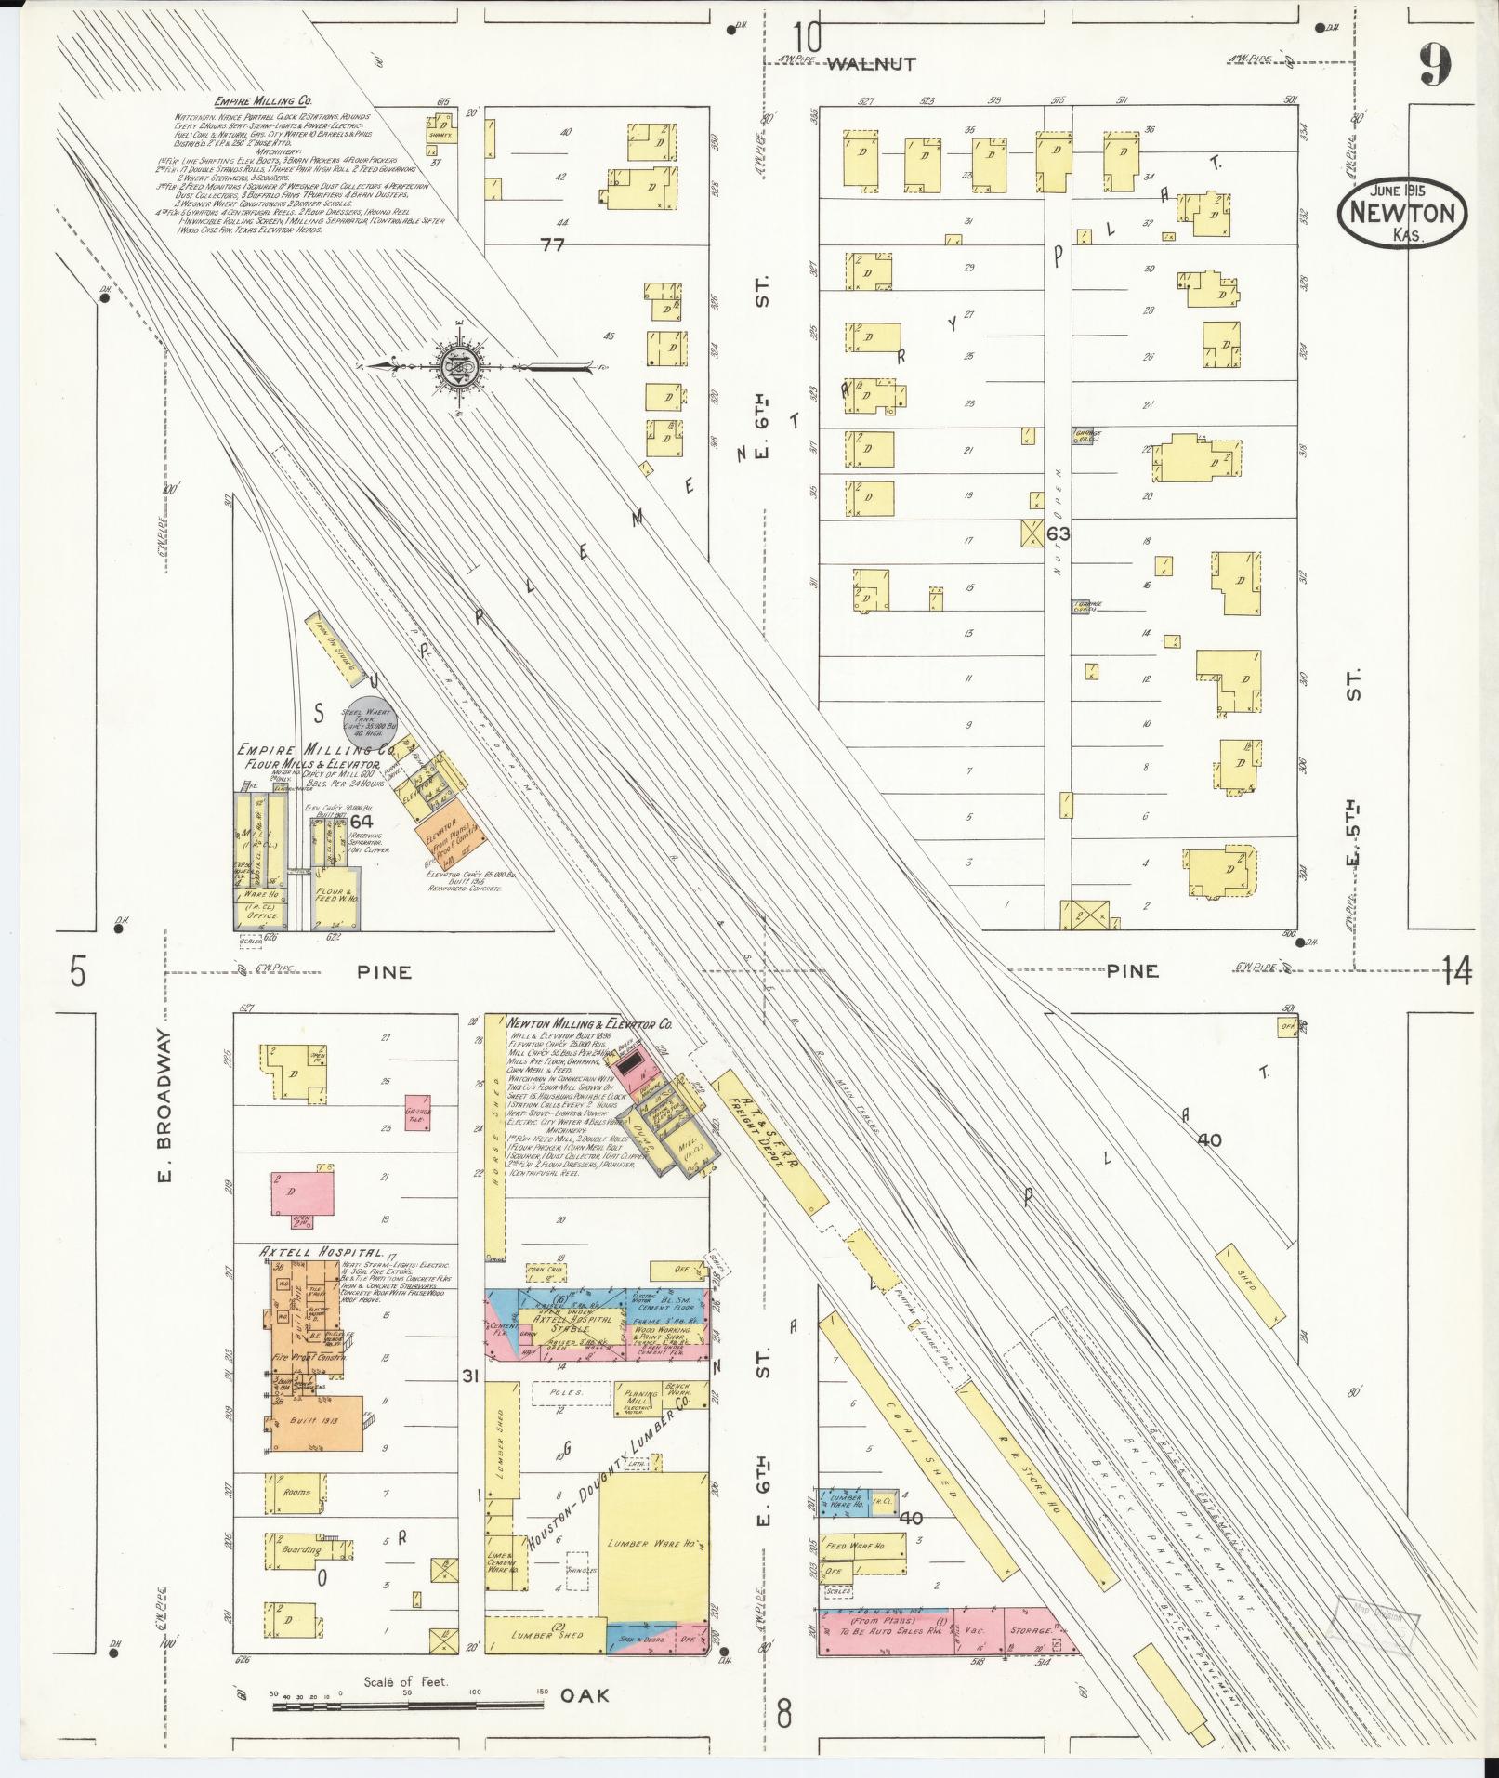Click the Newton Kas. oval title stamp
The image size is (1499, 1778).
(x=1403, y=213)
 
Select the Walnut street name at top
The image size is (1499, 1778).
(x=871, y=64)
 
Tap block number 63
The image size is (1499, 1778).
(x=1058, y=533)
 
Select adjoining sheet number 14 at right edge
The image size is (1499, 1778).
(x=1457, y=972)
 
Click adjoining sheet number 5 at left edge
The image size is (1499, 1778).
(x=78, y=972)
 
